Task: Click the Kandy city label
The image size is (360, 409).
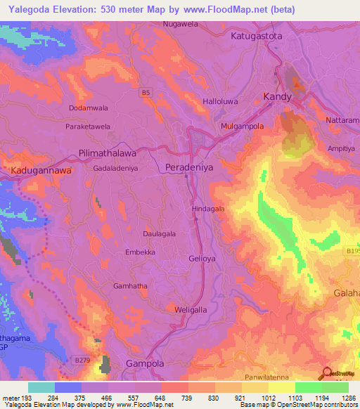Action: point(276,96)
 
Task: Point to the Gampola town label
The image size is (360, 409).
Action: point(144,363)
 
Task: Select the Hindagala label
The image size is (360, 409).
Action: point(209,209)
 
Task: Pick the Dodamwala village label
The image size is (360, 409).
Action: point(89,108)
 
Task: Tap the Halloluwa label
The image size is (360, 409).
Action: point(221,101)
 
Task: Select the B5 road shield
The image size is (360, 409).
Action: point(145,91)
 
